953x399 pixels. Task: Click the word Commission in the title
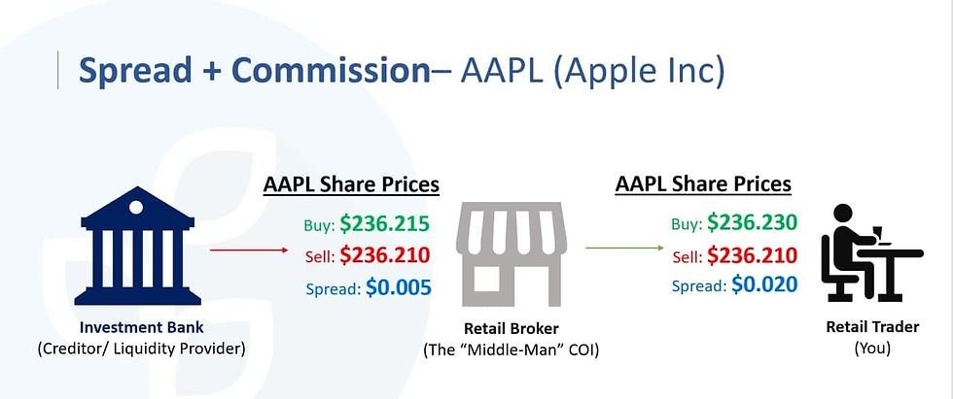pyautogui.click(x=331, y=70)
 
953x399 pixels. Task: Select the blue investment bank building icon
pyautogui.click(x=137, y=246)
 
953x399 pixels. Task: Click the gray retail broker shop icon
pyautogui.click(x=512, y=254)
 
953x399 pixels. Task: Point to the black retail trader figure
pyautogui.click(x=871, y=252)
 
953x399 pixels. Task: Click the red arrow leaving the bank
pyautogui.click(x=249, y=249)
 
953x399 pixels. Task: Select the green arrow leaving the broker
pyautogui.click(x=624, y=248)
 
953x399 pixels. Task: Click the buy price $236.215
pyautogui.click(x=385, y=224)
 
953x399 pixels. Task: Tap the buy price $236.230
pyautogui.click(x=752, y=223)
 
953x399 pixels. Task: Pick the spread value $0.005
pyautogui.click(x=398, y=286)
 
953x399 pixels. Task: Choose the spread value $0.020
pyautogui.click(x=764, y=283)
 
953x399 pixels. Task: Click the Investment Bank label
pyautogui.click(x=142, y=328)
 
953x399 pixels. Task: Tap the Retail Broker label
pyautogui.click(x=512, y=329)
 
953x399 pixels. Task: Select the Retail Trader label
pyautogui.click(x=872, y=327)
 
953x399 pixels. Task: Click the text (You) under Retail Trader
pyautogui.click(x=872, y=349)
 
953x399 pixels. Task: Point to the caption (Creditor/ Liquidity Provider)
pyautogui.click(x=142, y=349)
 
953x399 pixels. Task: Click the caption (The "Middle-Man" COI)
pyautogui.click(x=512, y=350)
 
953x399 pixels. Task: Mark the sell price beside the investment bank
pyautogui.click(x=385, y=256)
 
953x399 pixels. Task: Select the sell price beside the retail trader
pyautogui.click(x=752, y=255)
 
